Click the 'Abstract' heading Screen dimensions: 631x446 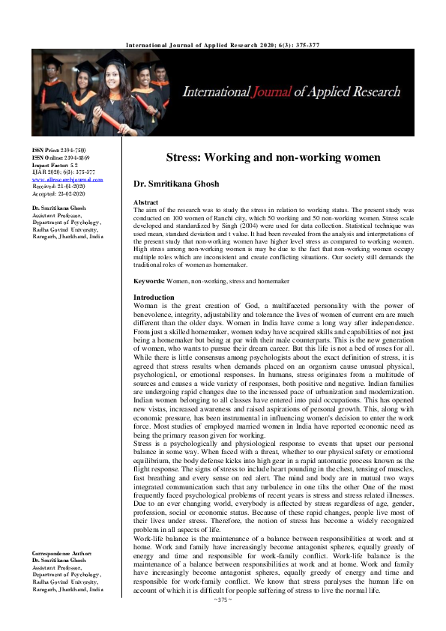pos(145,203)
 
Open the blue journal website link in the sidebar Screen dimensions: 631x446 pos(67,180)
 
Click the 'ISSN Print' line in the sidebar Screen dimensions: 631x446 pos(58,151)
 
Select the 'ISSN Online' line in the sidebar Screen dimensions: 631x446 pos(61,158)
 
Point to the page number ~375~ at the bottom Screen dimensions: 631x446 pos(223,621)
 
